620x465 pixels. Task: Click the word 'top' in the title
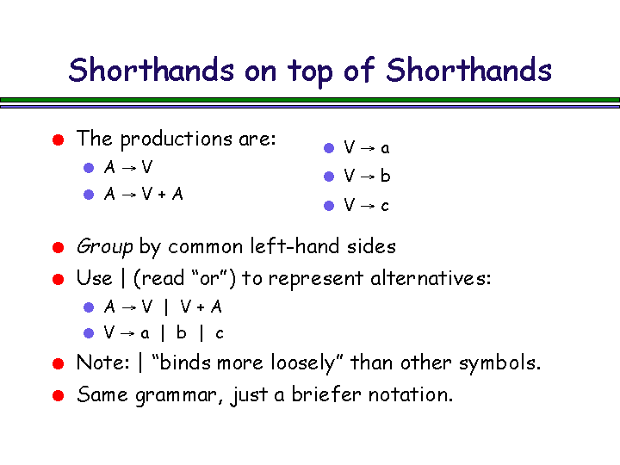point(310,72)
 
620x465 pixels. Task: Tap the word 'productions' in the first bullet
point(177,139)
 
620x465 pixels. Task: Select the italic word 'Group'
point(104,247)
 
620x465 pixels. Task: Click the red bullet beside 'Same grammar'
point(59,395)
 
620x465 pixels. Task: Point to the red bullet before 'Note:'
point(59,363)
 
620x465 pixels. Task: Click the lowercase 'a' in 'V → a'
point(385,149)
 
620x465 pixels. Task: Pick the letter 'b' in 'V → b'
point(386,176)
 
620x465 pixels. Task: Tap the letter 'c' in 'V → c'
point(385,206)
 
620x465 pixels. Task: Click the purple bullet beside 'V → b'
point(329,177)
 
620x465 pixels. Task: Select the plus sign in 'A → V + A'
point(162,195)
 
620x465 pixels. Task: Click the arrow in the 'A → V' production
point(129,168)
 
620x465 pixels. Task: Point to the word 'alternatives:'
point(431,278)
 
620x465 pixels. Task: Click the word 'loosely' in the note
point(301,363)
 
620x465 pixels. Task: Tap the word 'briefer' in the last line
point(326,394)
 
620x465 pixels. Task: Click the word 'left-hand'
point(294,246)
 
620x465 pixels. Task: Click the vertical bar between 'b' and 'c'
point(201,333)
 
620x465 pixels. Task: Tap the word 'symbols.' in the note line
point(499,363)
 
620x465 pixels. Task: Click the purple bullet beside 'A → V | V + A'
point(89,307)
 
